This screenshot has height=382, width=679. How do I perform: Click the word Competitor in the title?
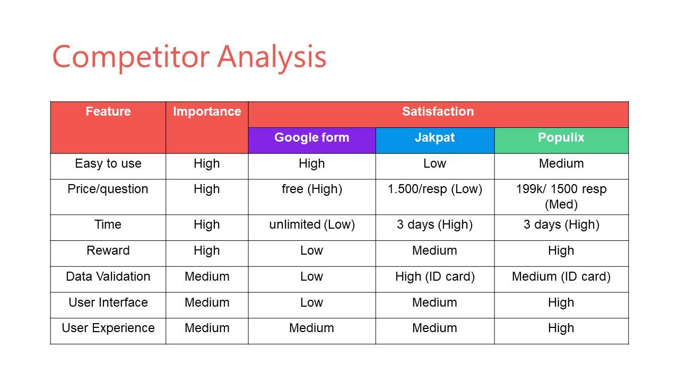(131, 57)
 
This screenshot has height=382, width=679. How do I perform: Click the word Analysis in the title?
(272, 57)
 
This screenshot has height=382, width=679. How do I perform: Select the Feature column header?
(108, 111)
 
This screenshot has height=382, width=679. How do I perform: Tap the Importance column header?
(207, 111)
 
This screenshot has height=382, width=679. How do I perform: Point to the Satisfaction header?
(438, 111)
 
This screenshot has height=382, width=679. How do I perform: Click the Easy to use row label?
(108, 163)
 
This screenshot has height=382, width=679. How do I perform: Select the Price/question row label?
(108, 189)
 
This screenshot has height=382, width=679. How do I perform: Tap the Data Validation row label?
(108, 276)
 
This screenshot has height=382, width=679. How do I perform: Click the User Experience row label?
(108, 328)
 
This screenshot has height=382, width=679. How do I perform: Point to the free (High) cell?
(312, 189)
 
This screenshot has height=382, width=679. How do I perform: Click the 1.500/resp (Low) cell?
(434, 189)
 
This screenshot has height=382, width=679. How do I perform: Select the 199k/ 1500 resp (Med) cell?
(561, 197)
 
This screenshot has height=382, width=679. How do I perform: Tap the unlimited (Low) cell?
(312, 224)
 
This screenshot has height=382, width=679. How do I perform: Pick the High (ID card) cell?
(434, 276)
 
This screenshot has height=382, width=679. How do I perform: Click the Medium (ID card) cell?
(561, 276)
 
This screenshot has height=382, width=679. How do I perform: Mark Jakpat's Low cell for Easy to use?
(434, 163)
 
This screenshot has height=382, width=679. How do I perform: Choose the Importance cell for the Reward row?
(207, 251)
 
